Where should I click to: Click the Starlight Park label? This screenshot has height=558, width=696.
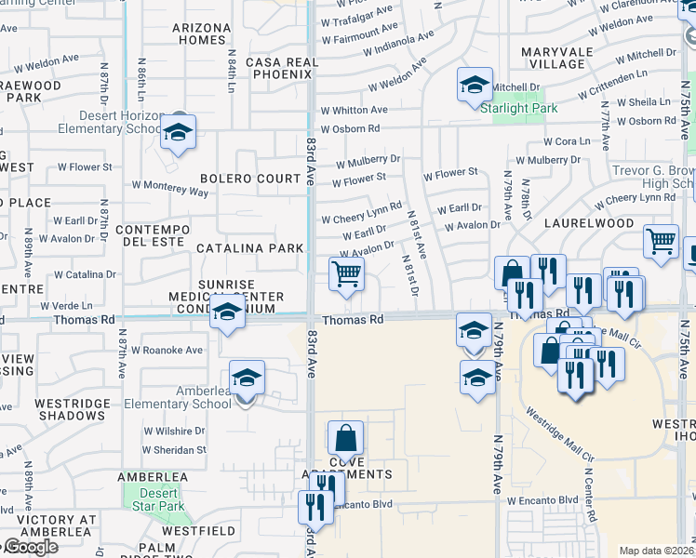point(519,108)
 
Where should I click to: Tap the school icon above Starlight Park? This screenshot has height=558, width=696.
point(475,85)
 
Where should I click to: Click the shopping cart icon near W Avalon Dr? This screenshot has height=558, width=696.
point(346,273)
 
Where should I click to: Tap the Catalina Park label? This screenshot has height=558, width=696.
point(249,248)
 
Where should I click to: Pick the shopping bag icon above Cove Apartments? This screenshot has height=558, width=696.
point(345,438)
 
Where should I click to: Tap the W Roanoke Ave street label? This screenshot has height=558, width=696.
point(167,351)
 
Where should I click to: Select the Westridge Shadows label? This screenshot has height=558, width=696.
point(70,410)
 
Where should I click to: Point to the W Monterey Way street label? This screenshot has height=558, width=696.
point(171,190)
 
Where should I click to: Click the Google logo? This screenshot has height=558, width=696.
point(30,547)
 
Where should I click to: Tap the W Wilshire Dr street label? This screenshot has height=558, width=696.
point(174,432)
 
